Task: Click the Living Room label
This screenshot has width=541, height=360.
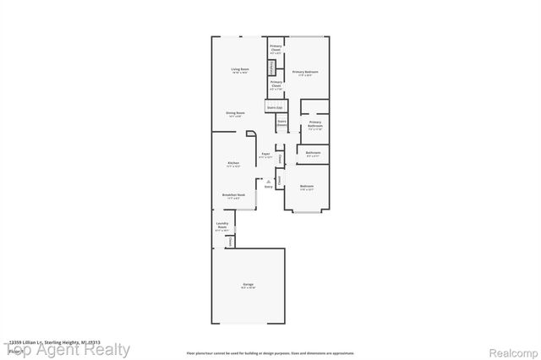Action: pos(240,70)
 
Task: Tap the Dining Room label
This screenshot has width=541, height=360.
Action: pos(235,113)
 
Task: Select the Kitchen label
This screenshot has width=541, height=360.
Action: pos(233,163)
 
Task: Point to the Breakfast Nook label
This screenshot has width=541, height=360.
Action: pos(233,195)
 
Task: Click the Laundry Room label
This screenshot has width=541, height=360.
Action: pos(222,226)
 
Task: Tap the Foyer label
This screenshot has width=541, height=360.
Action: pos(265,155)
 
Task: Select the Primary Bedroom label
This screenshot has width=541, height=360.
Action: pos(305,72)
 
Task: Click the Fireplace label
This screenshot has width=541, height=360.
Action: pos(272,67)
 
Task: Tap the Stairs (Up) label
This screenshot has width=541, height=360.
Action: pos(274,108)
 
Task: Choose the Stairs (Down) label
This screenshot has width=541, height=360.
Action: pos(281,123)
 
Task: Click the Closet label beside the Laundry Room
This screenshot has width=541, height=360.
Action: pos(230,242)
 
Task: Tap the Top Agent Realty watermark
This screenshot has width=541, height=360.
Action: pos(68,349)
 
